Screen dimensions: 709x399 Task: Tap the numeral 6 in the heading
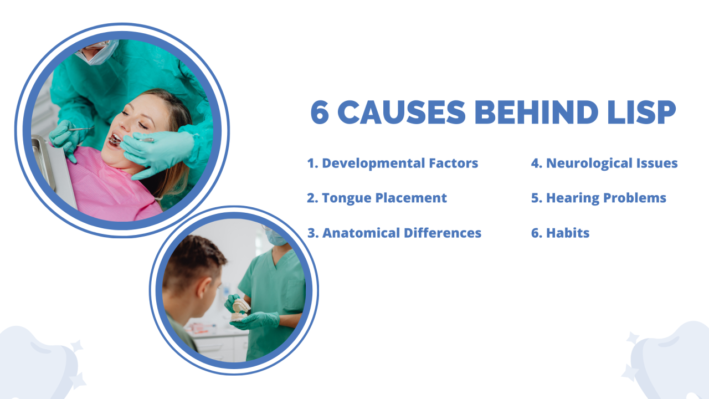320,112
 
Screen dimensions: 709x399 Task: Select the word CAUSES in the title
402,112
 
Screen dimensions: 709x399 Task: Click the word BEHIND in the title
536,112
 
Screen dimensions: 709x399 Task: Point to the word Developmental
373,163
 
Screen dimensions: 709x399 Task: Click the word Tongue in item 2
347,198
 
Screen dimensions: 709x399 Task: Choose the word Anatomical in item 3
361,233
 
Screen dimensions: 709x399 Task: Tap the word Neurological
589,163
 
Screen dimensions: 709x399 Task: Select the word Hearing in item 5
573,198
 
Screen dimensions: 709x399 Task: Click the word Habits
568,233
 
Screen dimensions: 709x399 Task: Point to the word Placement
411,198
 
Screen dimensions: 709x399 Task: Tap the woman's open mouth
115,140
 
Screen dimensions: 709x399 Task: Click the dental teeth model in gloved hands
240,310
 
